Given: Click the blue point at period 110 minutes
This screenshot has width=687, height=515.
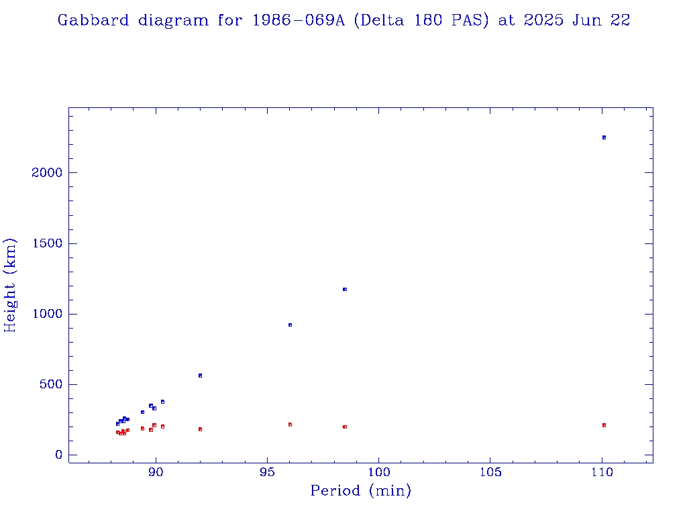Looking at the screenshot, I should coord(604,137).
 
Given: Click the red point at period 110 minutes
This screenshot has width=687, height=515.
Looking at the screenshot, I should coord(604,425).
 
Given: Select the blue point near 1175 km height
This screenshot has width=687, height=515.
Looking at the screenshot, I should coord(345,289).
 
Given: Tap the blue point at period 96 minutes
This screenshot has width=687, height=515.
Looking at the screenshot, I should coord(290,325).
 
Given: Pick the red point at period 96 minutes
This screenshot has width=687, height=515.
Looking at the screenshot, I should coord(290,424).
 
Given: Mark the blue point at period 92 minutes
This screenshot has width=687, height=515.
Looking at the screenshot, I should coord(200,376).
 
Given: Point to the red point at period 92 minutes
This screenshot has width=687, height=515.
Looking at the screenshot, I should coord(200,429).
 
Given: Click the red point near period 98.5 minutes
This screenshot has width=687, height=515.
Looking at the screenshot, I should coord(345,426).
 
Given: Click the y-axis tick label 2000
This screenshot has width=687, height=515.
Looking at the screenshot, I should coord(46,173).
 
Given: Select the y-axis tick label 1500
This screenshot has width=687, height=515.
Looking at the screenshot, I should coord(46,243).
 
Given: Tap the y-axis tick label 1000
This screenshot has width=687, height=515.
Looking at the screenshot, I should coord(46,314).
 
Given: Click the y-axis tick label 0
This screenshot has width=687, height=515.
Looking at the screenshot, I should coord(58,455).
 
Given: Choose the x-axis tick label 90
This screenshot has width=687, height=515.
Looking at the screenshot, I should coord(156,472).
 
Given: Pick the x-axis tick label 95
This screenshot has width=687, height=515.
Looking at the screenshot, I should coord(268,472).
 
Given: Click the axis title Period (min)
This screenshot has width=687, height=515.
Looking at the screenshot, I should coord(360,492).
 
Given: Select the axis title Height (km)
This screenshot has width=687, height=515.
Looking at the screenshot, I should coord(10,285).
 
